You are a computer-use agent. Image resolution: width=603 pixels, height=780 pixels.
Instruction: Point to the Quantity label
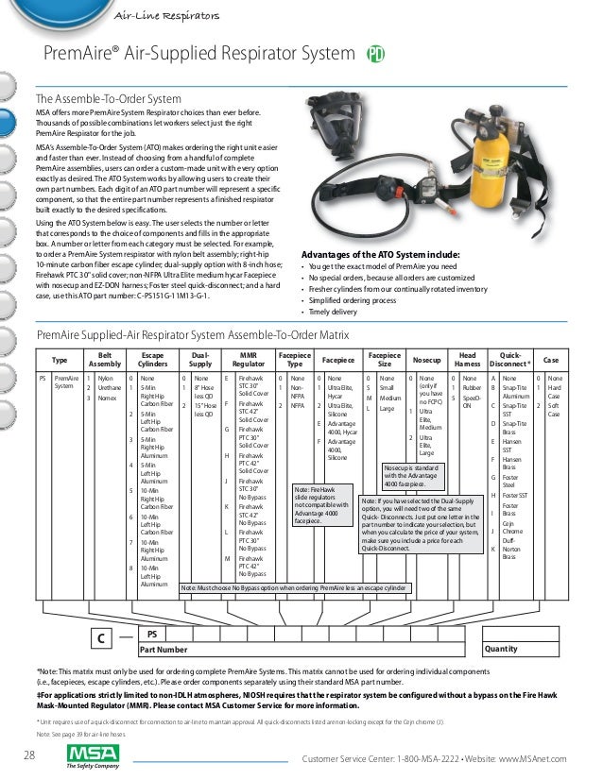[x=500, y=650]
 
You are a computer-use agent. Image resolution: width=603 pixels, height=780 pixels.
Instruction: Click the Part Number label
[x=163, y=650]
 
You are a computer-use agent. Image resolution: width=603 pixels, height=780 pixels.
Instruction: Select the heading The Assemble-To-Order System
[x=108, y=97]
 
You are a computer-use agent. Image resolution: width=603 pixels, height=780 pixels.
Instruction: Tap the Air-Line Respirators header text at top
[x=166, y=16]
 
